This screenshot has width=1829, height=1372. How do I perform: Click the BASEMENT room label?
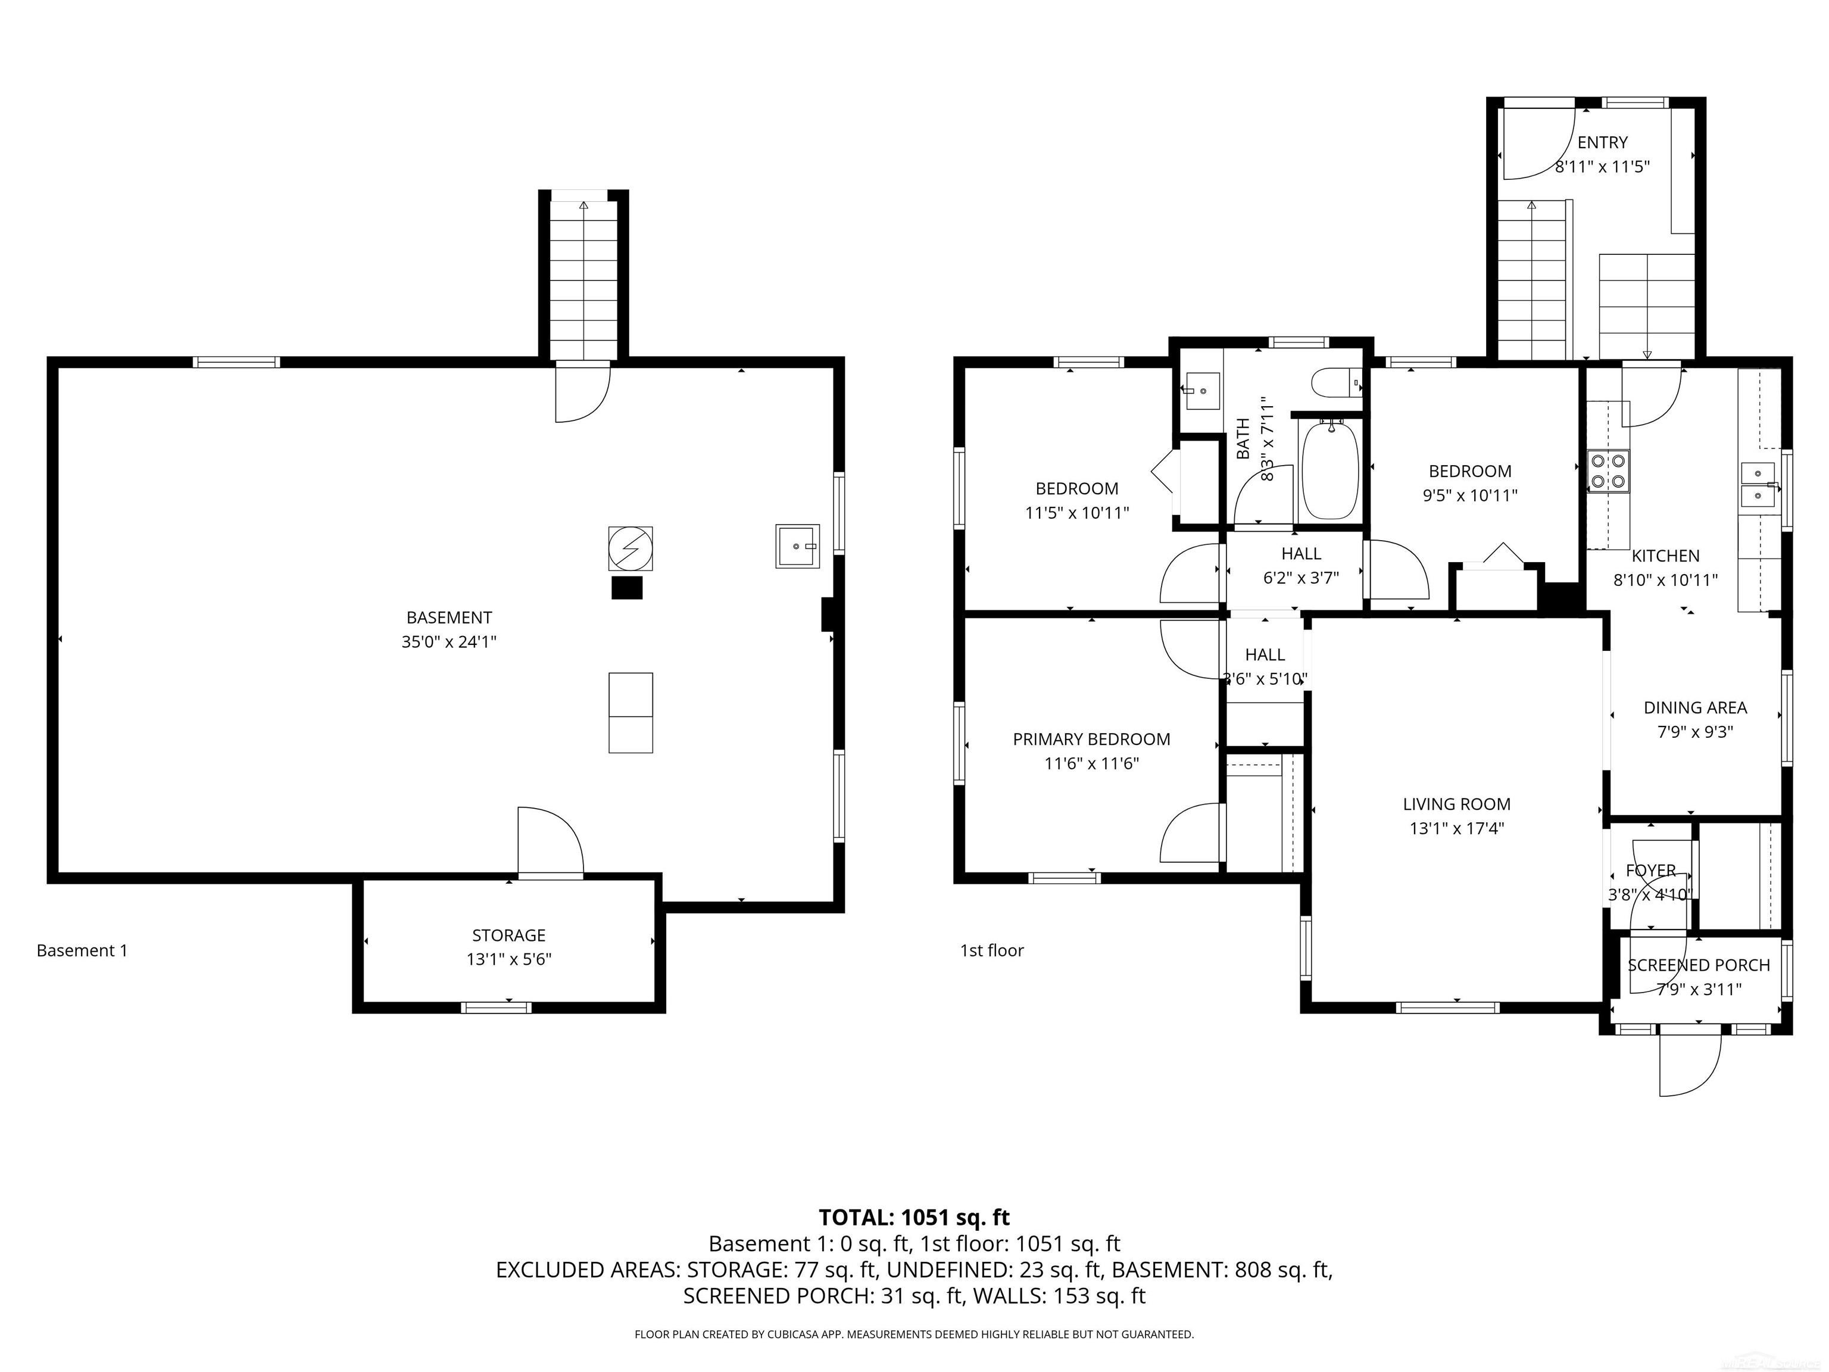coord(449,618)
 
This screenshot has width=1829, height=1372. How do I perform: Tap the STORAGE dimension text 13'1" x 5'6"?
coord(508,959)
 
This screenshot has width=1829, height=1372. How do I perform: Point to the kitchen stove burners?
coord(1608,470)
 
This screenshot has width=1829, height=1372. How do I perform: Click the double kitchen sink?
coord(1758,484)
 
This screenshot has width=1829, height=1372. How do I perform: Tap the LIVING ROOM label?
coord(1456,804)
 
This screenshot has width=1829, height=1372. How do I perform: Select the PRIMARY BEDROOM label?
coord(1091,740)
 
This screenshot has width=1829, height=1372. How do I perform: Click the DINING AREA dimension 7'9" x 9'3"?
coord(1695,732)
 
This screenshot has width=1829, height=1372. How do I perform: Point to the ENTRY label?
coord(1602,142)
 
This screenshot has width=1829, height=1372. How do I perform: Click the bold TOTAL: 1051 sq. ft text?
coord(914,1217)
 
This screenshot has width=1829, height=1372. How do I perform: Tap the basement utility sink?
coord(797,546)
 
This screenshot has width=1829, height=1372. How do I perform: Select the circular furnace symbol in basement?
coord(630,548)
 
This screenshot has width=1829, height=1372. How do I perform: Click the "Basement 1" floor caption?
coord(82,950)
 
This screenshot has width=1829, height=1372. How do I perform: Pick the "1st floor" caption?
coord(991,950)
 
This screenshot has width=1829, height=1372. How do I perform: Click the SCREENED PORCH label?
coord(1699,965)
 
